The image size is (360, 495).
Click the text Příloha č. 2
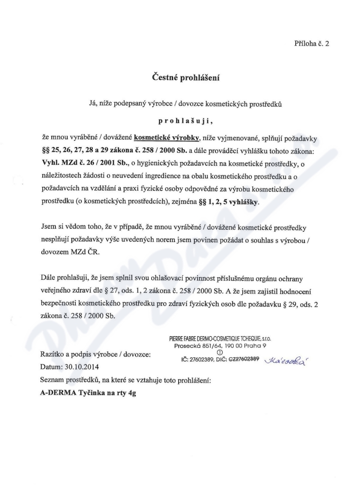pos(312,44)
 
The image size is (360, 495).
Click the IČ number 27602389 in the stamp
pos(201,359)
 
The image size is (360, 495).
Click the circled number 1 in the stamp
pos(220,352)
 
